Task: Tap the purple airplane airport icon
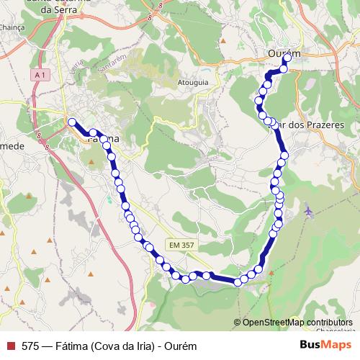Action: tap(310, 211)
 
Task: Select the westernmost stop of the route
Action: tap(71, 122)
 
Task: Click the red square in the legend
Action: tap(11, 345)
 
